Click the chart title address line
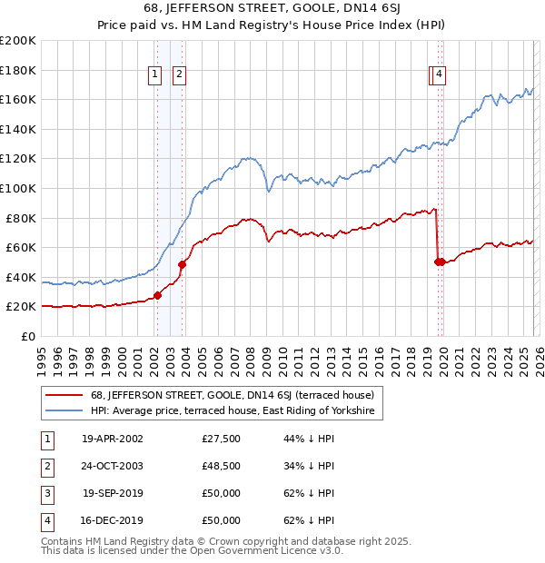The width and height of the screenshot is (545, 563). point(272,10)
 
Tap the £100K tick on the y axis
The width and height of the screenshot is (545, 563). point(17,188)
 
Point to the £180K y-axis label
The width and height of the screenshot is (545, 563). point(17,70)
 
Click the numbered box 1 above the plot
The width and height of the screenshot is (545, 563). point(156,74)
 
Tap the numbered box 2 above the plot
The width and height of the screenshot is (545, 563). point(179,74)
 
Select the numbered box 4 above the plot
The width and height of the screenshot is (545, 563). point(440,74)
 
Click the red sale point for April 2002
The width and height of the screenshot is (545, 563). point(157,295)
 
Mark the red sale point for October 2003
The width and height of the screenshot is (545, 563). point(182,264)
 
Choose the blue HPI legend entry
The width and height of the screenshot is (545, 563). point(233,411)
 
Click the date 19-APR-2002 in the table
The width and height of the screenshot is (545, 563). point(113,439)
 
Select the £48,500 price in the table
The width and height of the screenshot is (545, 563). point(222,466)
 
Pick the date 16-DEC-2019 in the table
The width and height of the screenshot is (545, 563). point(113,520)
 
